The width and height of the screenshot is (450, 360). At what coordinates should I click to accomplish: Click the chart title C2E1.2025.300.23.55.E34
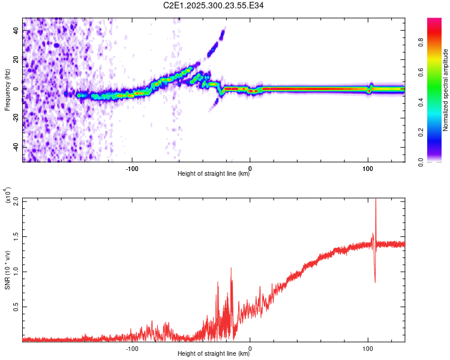tap(214, 5)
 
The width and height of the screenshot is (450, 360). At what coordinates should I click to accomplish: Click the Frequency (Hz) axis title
tap(7, 89)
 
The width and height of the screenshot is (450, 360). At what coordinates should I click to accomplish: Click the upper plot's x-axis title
tap(214, 174)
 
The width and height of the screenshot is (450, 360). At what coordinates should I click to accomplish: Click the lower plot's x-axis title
tap(214, 353)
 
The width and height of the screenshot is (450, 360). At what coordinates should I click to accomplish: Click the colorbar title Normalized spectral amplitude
tap(446, 90)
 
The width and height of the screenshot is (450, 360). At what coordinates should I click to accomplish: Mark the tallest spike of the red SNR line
tap(376, 200)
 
